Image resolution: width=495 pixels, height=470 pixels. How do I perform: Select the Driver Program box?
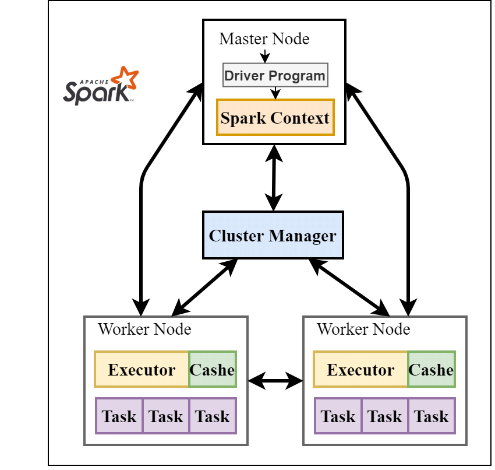tap(274, 75)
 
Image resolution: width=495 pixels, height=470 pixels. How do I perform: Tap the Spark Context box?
tap(275, 117)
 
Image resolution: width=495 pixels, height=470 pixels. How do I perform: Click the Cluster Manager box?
tap(273, 236)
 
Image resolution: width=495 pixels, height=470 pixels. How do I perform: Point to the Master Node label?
tap(264, 39)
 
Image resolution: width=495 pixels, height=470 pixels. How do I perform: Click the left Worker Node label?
tap(144, 329)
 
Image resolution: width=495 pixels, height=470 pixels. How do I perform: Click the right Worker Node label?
tap(363, 329)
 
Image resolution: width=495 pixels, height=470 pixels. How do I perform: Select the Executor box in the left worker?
tap(142, 370)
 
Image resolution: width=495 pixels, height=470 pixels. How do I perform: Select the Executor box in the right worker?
tap(360, 370)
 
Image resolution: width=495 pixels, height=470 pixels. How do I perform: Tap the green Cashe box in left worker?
tap(213, 370)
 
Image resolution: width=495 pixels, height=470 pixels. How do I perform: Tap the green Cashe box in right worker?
tap(432, 370)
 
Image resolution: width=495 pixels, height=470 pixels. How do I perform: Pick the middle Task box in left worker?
tap(166, 416)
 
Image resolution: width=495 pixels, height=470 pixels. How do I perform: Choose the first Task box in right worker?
tap(338, 416)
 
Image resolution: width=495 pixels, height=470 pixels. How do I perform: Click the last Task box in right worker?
tap(432, 416)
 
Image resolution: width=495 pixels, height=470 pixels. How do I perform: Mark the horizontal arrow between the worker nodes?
tap(275, 381)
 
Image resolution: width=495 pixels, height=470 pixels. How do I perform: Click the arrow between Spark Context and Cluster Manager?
tap(274, 177)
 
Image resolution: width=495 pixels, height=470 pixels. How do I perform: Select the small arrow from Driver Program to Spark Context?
tap(275, 93)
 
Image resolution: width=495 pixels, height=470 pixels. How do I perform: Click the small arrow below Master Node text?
tap(265, 57)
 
